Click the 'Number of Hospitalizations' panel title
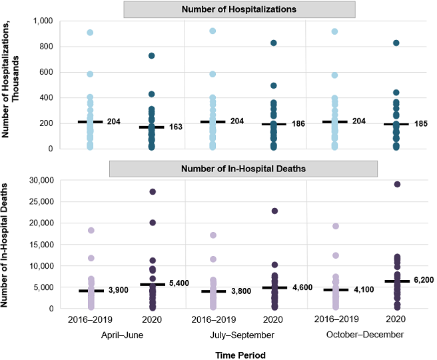[239, 9]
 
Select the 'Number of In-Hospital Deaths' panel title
[239, 169]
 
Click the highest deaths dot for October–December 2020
[397, 184]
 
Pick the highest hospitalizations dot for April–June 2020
[152, 55]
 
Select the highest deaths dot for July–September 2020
[274, 211]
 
